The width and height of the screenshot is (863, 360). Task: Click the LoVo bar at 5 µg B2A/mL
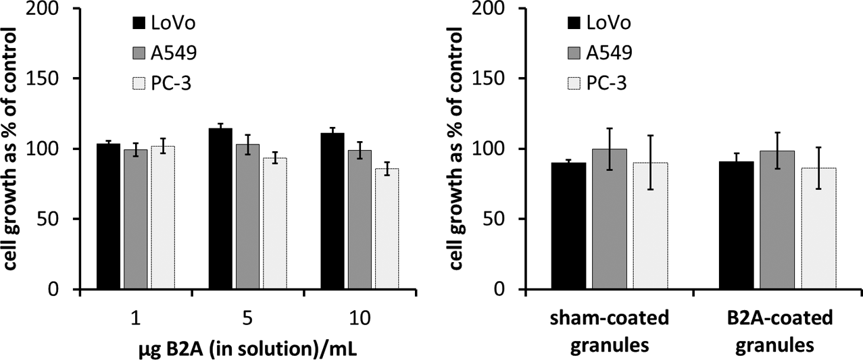pos(220,208)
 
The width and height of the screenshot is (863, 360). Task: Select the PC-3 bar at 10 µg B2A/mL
pos(387,229)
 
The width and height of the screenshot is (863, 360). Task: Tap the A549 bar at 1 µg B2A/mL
pos(136,219)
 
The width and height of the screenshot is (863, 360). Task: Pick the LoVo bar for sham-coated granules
pos(568,226)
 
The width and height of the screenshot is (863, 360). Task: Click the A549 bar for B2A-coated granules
pos(777,220)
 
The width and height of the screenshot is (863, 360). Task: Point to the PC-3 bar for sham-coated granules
pos(651,226)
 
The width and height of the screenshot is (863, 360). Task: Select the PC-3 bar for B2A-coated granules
pos(818,228)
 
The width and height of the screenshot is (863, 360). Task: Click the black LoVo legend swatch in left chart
pos(139,23)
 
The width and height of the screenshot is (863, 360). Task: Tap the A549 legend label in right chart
pos(609,53)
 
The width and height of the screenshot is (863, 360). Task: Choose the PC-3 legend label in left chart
pos(171,83)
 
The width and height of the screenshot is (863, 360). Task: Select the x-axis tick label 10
pos(360,318)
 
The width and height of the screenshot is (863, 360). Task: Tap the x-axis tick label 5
pos(248,318)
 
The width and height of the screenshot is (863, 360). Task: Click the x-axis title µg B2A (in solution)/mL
pos(248,349)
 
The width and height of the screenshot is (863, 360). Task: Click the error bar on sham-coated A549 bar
pos(610,149)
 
